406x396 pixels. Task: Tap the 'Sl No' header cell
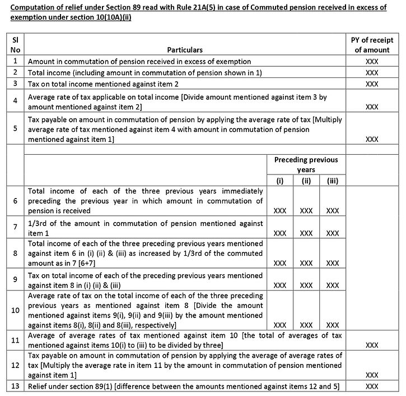point(15,45)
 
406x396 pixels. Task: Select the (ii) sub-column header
point(306,181)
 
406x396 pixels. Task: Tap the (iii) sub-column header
point(332,181)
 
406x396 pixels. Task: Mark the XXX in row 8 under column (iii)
point(332,263)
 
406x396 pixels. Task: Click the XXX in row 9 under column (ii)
point(306,284)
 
